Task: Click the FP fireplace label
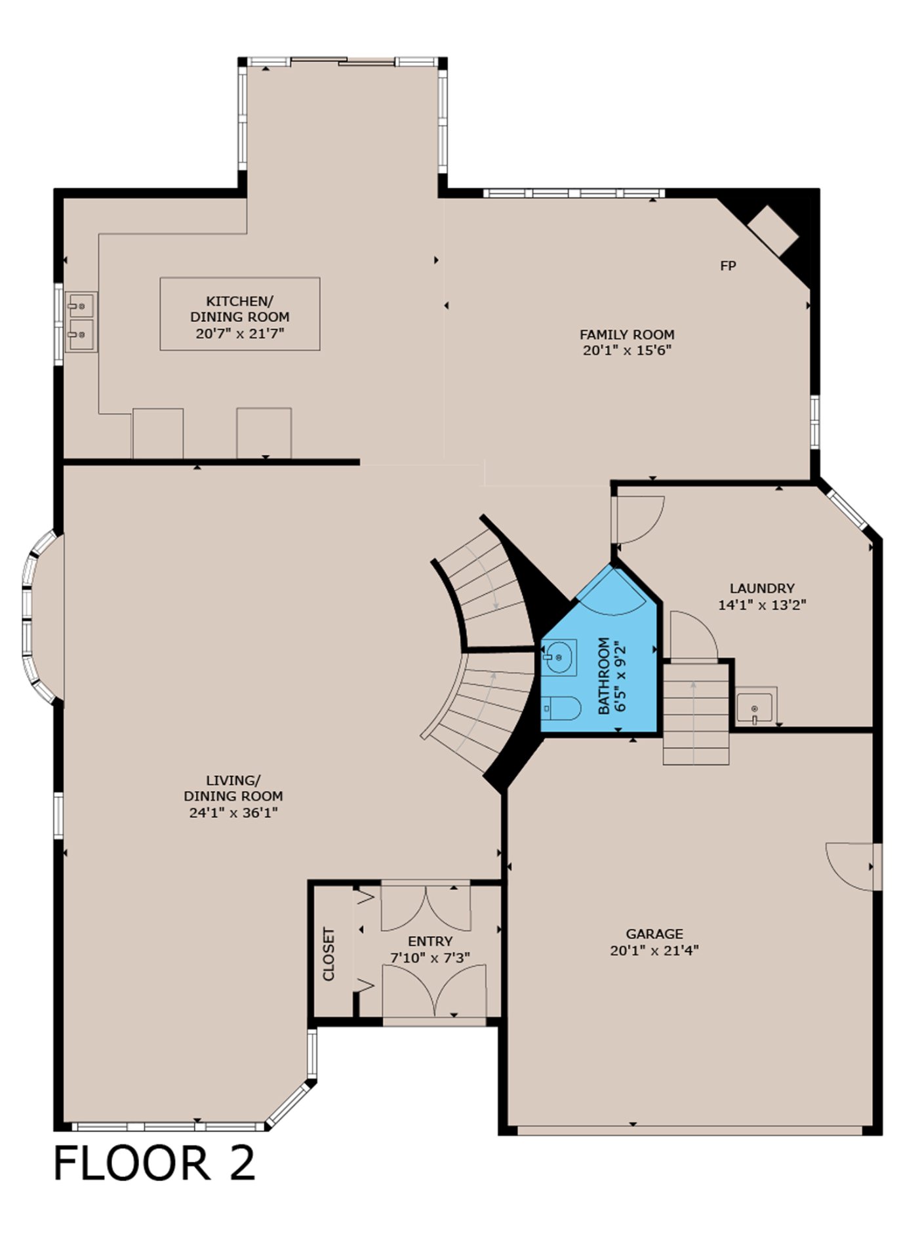[728, 266]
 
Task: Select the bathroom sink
[559, 657]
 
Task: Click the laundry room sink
[757, 706]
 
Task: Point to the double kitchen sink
[81, 321]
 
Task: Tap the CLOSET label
[329, 953]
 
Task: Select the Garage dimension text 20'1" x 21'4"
[654, 950]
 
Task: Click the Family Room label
[627, 334]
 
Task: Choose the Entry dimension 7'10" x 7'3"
[430, 957]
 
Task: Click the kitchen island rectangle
[240, 313]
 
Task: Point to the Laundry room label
[762, 588]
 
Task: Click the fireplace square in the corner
[773, 231]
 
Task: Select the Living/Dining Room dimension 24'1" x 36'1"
[234, 812]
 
